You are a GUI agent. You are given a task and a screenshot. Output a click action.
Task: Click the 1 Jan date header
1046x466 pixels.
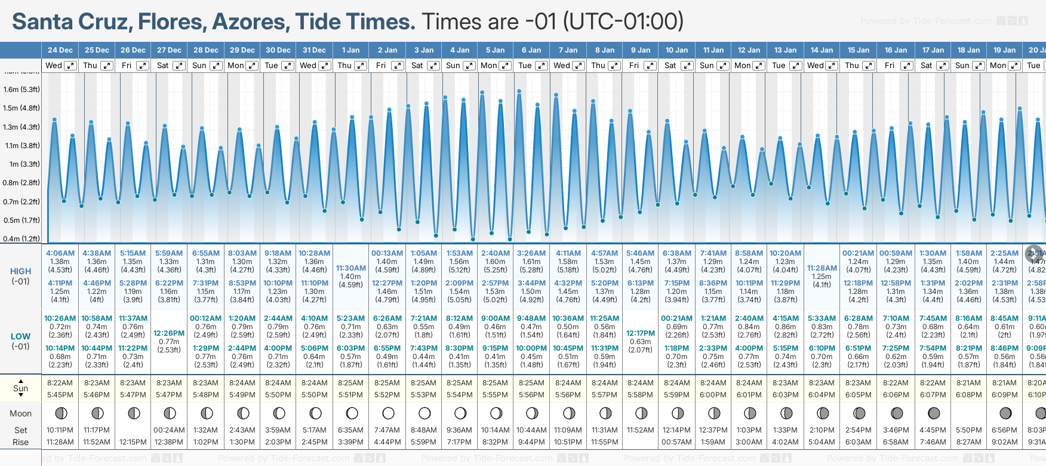pyautogui.click(x=350, y=50)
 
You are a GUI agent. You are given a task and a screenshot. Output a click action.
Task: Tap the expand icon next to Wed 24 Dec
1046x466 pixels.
pyautogui.click(x=70, y=66)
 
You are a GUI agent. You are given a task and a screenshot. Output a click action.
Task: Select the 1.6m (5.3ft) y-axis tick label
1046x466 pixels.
pyautogui.click(x=21, y=90)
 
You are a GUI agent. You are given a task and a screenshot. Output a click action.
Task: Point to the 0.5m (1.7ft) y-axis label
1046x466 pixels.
pyautogui.click(x=21, y=220)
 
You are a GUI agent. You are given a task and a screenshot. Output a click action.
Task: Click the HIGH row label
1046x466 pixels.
pyautogui.click(x=20, y=271)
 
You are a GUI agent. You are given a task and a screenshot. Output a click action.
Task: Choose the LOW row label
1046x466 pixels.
pyautogui.click(x=20, y=336)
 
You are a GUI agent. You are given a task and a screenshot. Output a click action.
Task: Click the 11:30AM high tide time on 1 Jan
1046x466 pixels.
pyautogui.click(x=350, y=268)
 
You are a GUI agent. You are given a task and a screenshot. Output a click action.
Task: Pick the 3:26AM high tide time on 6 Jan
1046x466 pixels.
pyautogui.click(x=531, y=253)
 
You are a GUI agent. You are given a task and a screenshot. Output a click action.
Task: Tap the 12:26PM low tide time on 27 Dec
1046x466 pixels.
pyautogui.click(x=169, y=333)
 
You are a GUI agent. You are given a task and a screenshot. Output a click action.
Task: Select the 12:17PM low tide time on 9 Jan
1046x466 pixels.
pyautogui.click(x=640, y=333)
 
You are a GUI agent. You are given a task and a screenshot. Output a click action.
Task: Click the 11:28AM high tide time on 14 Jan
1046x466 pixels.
pyautogui.click(x=822, y=268)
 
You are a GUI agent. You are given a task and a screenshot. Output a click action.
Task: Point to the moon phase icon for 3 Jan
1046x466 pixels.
pyautogui.click(x=424, y=413)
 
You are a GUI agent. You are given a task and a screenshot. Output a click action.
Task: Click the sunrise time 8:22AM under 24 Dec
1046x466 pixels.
pyautogui.click(x=60, y=383)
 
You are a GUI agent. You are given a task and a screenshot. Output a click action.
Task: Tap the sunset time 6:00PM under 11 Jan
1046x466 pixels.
pyautogui.click(x=713, y=395)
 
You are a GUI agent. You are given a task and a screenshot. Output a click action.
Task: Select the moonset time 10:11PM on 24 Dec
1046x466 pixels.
pyautogui.click(x=60, y=430)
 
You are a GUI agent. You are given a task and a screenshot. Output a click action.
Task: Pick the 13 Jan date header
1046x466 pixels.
pyautogui.click(x=785, y=50)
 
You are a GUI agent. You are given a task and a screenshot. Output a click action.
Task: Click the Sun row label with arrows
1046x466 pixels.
pyautogui.click(x=20, y=388)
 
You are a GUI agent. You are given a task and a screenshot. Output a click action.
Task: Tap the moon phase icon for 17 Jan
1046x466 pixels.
pyautogui.click(x=934, y=413)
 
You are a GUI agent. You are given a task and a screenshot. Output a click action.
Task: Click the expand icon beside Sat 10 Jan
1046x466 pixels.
pyautogui.click(x=687, y=66)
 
